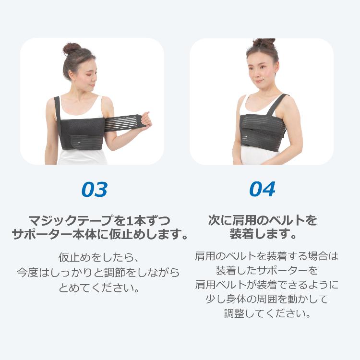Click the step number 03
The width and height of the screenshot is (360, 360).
coord(94,190)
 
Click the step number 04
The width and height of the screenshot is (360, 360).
coord(262,190)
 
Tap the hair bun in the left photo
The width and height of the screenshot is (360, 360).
coord(72,48)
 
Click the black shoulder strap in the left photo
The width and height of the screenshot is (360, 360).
coord(57,108)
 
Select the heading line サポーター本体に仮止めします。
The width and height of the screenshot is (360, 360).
coord(99,235)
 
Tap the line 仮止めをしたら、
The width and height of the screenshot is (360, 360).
coord(95,256)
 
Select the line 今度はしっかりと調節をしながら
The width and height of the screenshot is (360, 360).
coord(98,273)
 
